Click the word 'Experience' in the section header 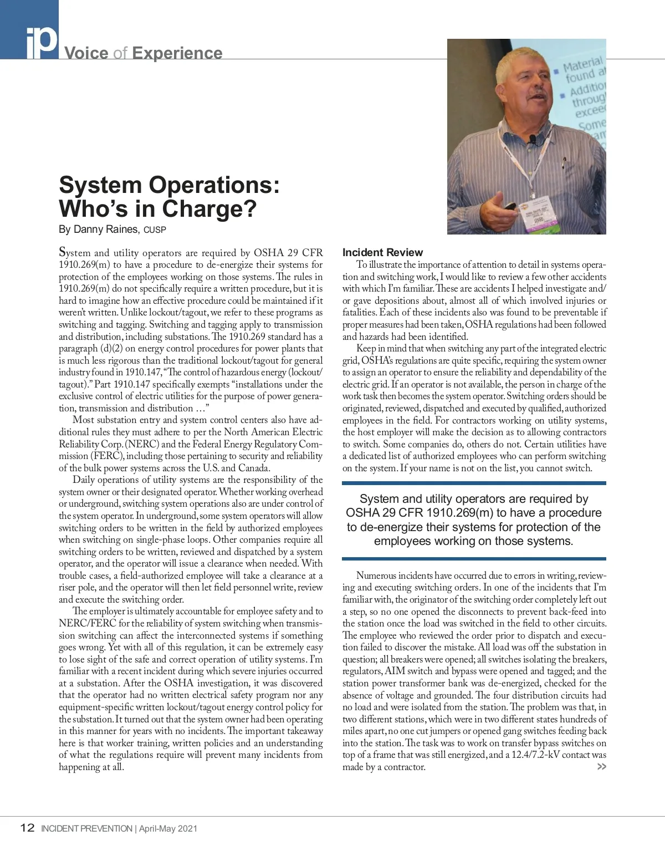177,53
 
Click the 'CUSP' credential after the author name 155,230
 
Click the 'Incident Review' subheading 382,253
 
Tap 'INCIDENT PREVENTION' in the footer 86,829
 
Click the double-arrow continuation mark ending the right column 601,767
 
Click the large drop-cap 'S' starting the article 63,253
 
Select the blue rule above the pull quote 474,483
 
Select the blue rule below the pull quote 474,559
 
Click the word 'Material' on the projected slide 582,65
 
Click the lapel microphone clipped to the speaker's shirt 533,139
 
